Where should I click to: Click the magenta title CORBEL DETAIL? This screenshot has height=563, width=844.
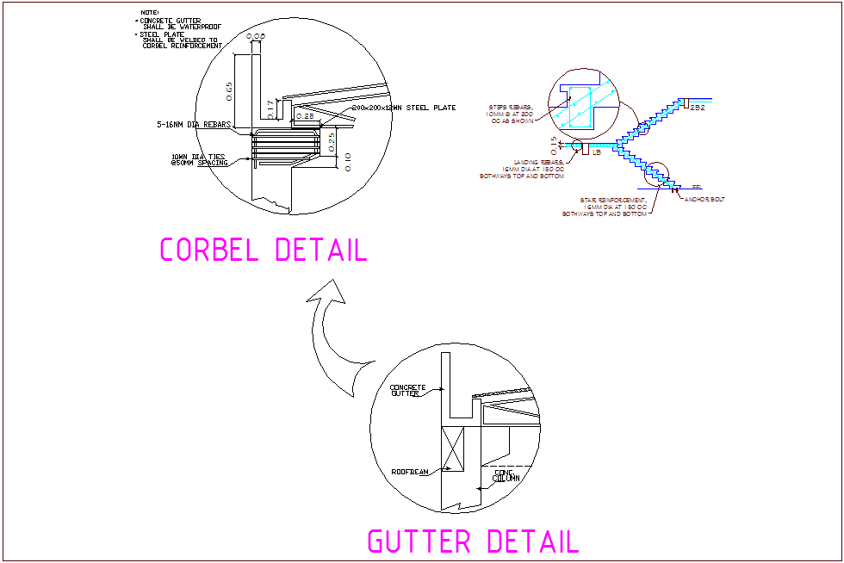click(x=264, y=250)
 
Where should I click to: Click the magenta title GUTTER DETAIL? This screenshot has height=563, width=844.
click(x=473, y=541)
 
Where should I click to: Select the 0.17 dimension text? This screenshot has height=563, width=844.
click(x=270, y=108)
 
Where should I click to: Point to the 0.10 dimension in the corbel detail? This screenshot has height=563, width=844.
click(x=346, y=161)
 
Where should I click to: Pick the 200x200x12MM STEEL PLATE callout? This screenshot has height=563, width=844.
click(x=404, y=108)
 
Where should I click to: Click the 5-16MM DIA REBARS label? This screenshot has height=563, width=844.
click(x=194, y=126)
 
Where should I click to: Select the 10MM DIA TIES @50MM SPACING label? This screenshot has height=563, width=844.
click(x=200, y=159)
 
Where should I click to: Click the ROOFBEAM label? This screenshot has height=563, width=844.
click(x=408, y=472)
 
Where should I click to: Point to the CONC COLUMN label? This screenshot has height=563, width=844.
click(x=506, y=475)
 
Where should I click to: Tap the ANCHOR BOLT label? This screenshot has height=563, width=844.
click(x=704, y=200)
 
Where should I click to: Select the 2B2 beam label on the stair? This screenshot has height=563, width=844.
click(x=698, y=108)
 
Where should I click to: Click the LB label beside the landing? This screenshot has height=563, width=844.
click(x=596, y=152)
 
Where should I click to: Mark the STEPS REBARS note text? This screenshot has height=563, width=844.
click(x=515, y=114)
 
